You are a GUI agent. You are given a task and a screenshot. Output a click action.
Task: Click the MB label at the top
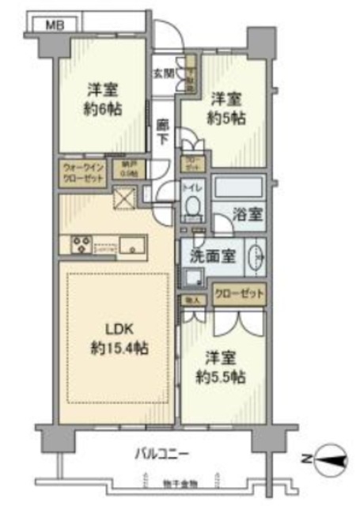(x=54, y=25)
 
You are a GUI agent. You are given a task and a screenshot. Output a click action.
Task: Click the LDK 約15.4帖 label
(x=118, y=337)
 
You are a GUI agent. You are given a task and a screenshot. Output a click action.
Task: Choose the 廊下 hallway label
(x=162, y=130)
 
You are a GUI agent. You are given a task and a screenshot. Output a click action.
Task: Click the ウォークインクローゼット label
(x=83, y=172)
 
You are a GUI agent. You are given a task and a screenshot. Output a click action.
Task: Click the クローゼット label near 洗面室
(x=237, y=294)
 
